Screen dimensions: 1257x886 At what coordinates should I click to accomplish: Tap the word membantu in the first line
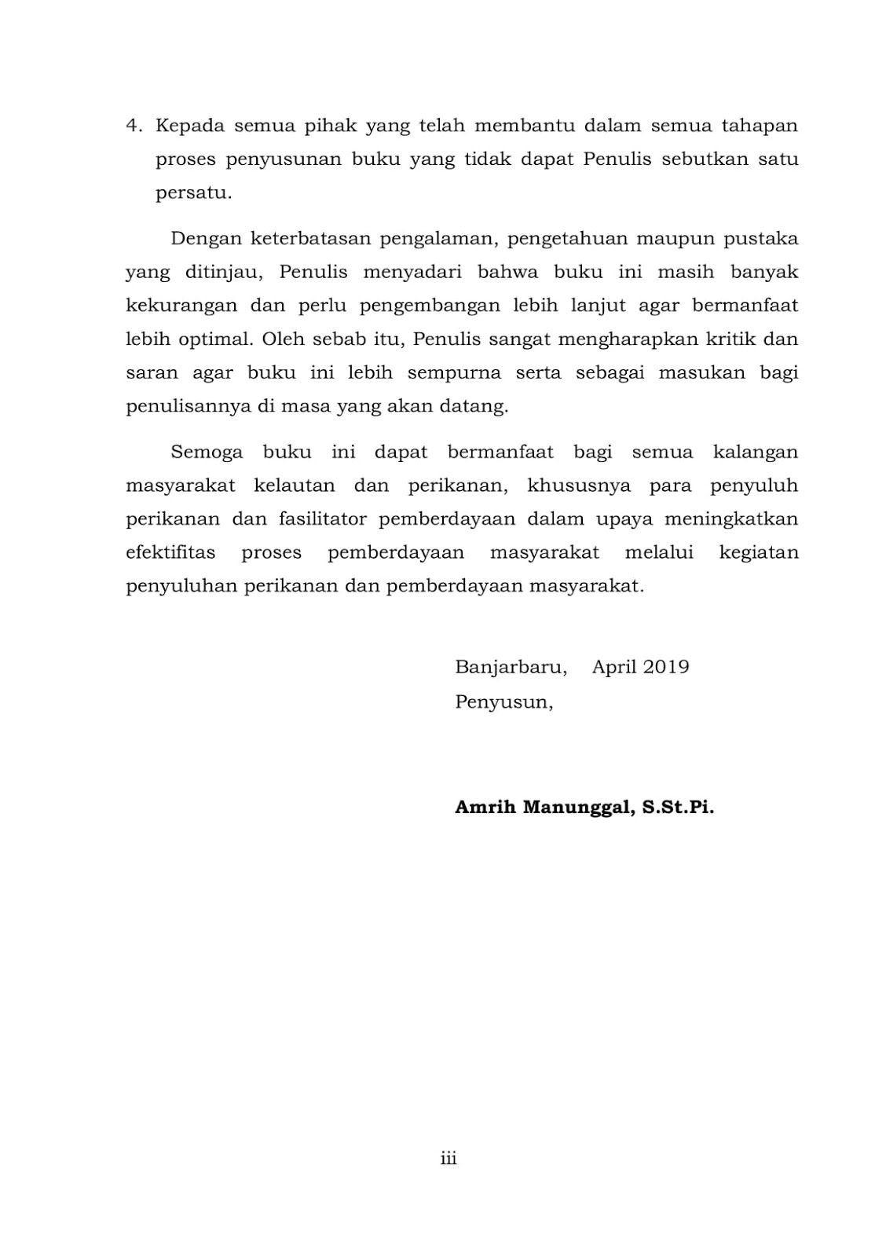click(x=525, y=126)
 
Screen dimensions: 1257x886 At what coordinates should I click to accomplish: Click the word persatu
click(x=192, y=193)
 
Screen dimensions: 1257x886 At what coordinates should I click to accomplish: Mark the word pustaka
click(x=760, y=238)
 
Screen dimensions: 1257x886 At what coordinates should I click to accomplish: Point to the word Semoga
click(x=207, y=453)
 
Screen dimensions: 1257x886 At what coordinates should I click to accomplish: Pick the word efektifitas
click(x=170, y=553)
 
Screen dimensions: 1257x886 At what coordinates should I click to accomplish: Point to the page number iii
click(x=448, y=1158)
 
